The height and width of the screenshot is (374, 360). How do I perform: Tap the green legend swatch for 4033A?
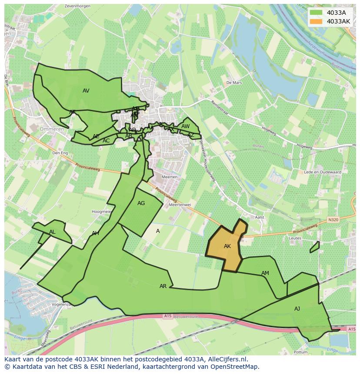pyautogui.click(x=317, y=13)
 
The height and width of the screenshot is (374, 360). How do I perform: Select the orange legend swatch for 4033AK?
pyautogui.click(x=317, y=21)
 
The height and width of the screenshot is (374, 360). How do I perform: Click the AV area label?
pyautogui.click(x=86, y=91)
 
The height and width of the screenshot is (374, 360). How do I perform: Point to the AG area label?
pyautogui.click(x=141, y=203)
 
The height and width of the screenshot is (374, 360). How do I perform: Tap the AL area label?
pyautogui.click(x=52, y=232)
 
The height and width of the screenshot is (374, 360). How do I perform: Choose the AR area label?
pyautogui.click(x=163, y=286)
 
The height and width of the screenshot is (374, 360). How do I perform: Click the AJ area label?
pyautogui.click(x=297, y=309)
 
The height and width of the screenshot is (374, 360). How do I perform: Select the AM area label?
pyautogui.click(x=265, y=273)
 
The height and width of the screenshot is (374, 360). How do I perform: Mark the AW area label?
pyautogui.click(x=186, y=126)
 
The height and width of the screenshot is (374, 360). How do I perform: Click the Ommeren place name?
pyautogui.click(x=52, y=129)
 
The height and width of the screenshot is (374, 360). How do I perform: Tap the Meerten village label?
pyautogui.click(x=169, y=177)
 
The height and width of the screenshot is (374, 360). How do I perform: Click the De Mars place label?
pyautogui.click(x=233, y=83)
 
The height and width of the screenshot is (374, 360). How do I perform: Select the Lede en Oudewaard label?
pyautogui.click(x=322, y=172)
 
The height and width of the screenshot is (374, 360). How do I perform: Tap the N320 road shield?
pyautogui.click(x=333, y=220)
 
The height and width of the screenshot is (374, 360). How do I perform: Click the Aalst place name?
pyautogui.click(x=260, y=217)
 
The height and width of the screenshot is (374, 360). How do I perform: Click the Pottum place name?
pyautogui.click(x=300, y=352)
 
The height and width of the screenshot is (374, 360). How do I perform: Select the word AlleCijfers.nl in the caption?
pyautogui.click(x=226, y=359)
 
